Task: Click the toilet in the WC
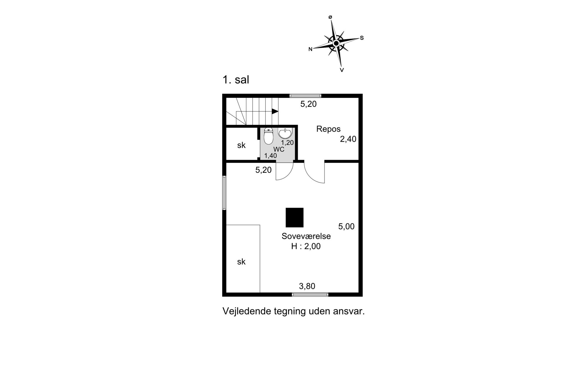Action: click(x=268, y=136)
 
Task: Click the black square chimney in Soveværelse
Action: click(x=294, y=218)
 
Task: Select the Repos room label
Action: click(x=328, y=129)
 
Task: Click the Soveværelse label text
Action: click(x=306, y=236)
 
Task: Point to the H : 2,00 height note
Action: click(x=306, y=246)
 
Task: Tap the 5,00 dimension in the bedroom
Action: click(x=346, y=226)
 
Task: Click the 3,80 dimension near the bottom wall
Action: click(x=307, y=286)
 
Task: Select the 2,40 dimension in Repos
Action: click(x=348, y=139)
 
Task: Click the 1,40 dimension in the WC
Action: click(x=271, y=156)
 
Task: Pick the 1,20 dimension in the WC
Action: click(x=287, y=143)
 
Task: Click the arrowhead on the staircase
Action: click(x=275, y=111)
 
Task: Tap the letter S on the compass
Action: click(x=362, y=38)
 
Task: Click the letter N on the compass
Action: click(x=310, y=49)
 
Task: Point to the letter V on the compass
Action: click(x=342, y=70)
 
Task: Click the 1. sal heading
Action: click(x=236, y=80)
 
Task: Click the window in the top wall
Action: click(x=305, y=96)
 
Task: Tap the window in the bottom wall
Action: click(x=310, y=294)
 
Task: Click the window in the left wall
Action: click(x=224, y=193)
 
